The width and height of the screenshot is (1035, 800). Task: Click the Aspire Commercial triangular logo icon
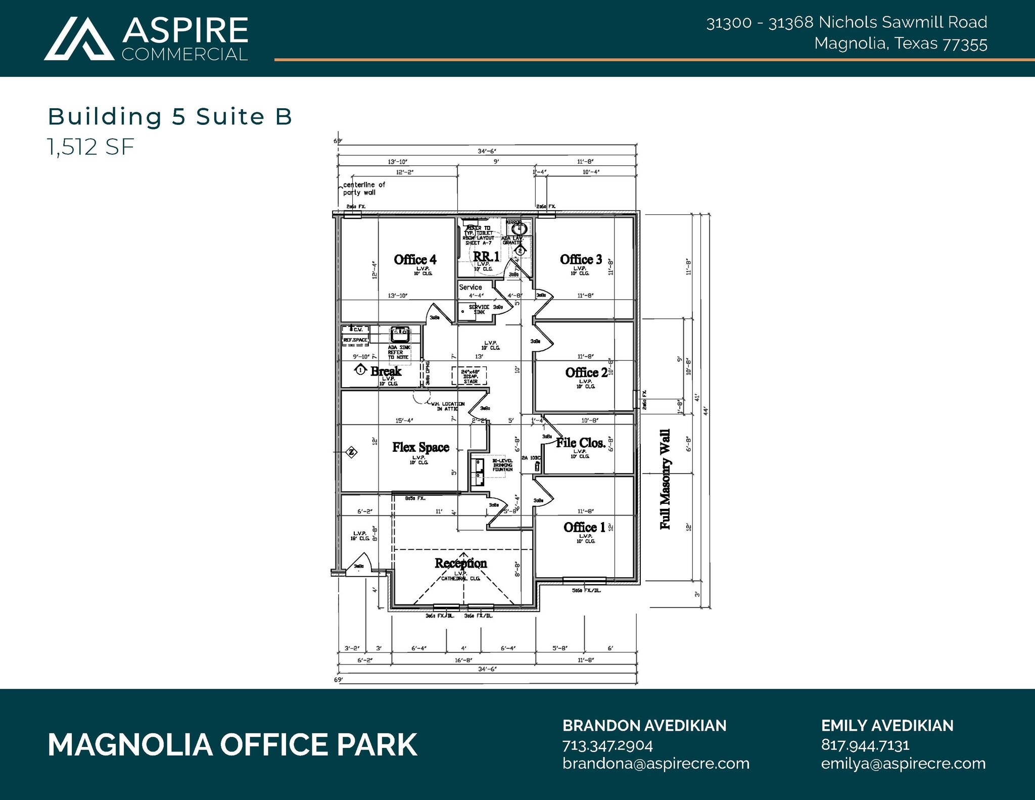[79, 39]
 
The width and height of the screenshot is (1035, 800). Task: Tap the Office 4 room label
[415, 260]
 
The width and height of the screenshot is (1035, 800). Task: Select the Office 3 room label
[581, 260]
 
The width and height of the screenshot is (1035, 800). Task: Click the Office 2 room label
[586, 373]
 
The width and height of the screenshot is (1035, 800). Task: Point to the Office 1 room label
[584, 528]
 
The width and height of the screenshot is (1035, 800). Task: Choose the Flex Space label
[420, 447]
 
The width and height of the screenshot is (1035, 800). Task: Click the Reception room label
[460, 563]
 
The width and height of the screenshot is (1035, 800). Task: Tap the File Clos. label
[581, 443]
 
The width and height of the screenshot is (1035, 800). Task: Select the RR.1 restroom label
[486, 257]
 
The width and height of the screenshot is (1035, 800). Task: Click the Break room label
[386, 371]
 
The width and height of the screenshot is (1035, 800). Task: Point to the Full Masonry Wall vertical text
[665, 479]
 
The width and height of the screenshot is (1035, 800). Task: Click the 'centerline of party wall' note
[363, 189]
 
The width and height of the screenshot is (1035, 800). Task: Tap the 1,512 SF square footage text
[91, 147]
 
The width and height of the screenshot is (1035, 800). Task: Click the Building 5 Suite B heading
[170, 117]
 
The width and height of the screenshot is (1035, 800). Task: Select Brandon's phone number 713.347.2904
[607, 745]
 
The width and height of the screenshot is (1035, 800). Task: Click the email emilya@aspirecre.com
[903, 763]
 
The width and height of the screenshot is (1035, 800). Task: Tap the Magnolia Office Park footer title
[232, 744]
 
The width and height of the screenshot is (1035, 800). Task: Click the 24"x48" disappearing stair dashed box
[469, 376]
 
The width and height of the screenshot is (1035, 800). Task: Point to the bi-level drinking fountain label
[502, 465]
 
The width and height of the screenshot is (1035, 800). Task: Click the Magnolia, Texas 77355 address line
[900, 44]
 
